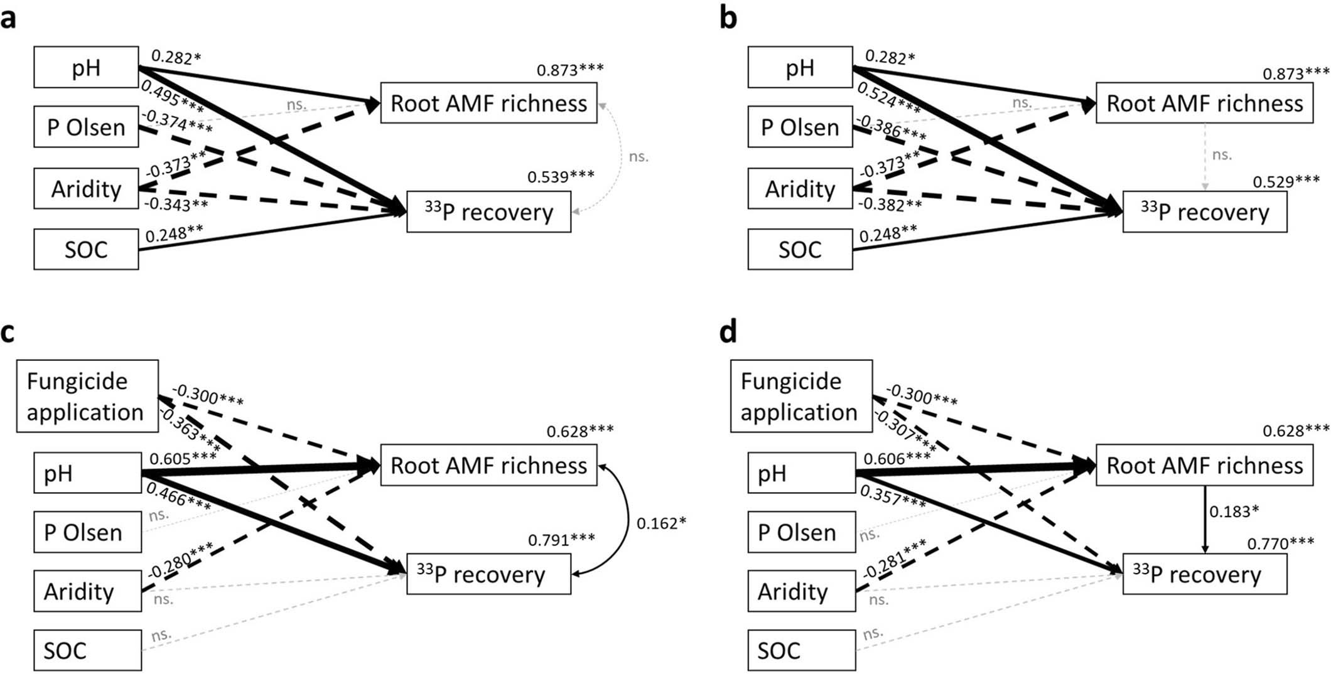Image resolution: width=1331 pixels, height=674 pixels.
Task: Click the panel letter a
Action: pyautogui.click(x=9, y=19)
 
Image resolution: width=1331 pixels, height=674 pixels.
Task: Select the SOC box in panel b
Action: pyautogui.click(x=799, y=250)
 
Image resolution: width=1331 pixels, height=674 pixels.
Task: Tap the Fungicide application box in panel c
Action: pyautogui.click(x=87, y=397)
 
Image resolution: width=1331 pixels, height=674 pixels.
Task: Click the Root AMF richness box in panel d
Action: pyautogui.click(x=1204, y=466)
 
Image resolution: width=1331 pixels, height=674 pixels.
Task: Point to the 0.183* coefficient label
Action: pyautogui.click(x=1234, y=511)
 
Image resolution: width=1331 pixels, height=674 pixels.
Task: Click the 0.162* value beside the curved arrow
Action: pyautogui.click(x=660, y=523)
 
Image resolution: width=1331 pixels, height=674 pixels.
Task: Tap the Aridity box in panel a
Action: pyautogui.click(x=86, y=189)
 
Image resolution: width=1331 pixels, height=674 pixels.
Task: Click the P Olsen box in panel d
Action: pyautogui.click(x=800, y=532)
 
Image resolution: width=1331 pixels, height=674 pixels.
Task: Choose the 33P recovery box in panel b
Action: pyautogui.click(x=1204, y=212)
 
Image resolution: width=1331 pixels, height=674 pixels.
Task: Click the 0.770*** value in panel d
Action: pyautogui.click(x=1280, y=543)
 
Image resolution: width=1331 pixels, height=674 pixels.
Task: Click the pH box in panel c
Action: pyautogui.click(x=87, y=473)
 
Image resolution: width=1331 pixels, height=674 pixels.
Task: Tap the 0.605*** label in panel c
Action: pyautogui.click(x=183, y=459)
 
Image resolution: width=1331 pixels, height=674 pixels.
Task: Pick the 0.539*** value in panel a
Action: pyautogui.click(x=560, y=177)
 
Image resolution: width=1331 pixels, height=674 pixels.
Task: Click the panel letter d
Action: pyautogui.click(x=728, y=332)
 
